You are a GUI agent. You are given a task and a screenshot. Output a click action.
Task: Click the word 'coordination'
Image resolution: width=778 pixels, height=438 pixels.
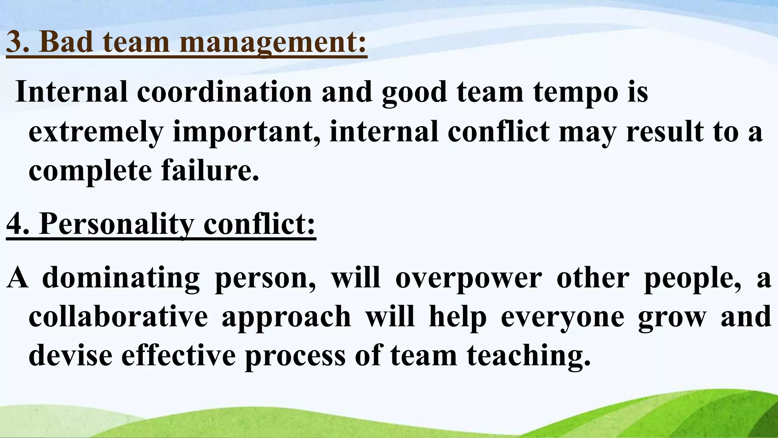click(224, 92)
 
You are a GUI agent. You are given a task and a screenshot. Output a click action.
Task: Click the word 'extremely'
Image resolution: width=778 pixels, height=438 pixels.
click(96, 132)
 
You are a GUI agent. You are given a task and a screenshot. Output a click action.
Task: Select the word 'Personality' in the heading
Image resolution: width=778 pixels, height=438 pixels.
click(117, 225)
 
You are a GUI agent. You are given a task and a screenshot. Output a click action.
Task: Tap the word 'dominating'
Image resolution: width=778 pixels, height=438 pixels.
click(121, 278)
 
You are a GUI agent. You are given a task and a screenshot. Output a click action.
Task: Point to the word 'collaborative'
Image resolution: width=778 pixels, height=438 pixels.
click(118, 317)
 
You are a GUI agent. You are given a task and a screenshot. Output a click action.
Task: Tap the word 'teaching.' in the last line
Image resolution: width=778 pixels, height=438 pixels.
click(529, 356)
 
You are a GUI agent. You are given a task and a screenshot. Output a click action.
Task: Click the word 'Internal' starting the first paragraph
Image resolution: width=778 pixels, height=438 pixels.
click(71, 92)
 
